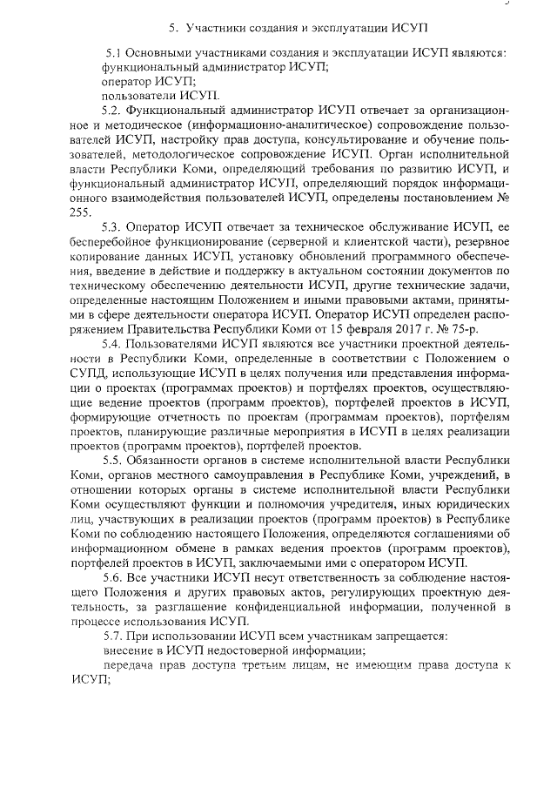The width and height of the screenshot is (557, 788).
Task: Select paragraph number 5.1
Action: click(114, 53)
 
